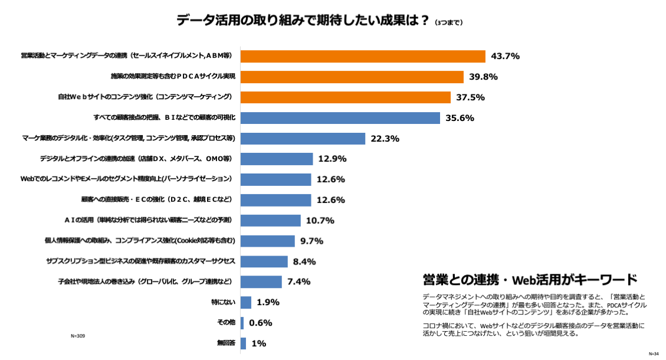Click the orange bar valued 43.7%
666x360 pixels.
coord(363,56)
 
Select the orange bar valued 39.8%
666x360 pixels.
coord(352,77)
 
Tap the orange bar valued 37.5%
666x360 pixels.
coord(346,97)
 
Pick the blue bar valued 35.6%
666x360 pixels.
coord(340,117)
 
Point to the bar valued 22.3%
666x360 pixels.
coord(303,139)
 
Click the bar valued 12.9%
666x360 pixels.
coord(277,159)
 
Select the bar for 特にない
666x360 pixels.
coord(246,302)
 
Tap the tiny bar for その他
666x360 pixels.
coord(242,323)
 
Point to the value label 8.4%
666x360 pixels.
coord(304,261)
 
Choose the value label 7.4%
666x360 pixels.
coord(298,282)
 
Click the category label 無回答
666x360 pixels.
coord(226,343)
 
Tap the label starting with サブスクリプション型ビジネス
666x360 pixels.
coord(140,261)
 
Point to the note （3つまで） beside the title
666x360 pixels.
coord(448,23)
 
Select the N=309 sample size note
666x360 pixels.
coord(78,336)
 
